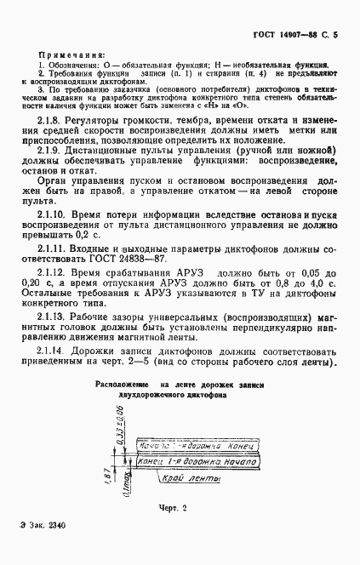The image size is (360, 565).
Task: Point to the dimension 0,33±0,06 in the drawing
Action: [119, 422]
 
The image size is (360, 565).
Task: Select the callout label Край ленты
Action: [191, 480]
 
